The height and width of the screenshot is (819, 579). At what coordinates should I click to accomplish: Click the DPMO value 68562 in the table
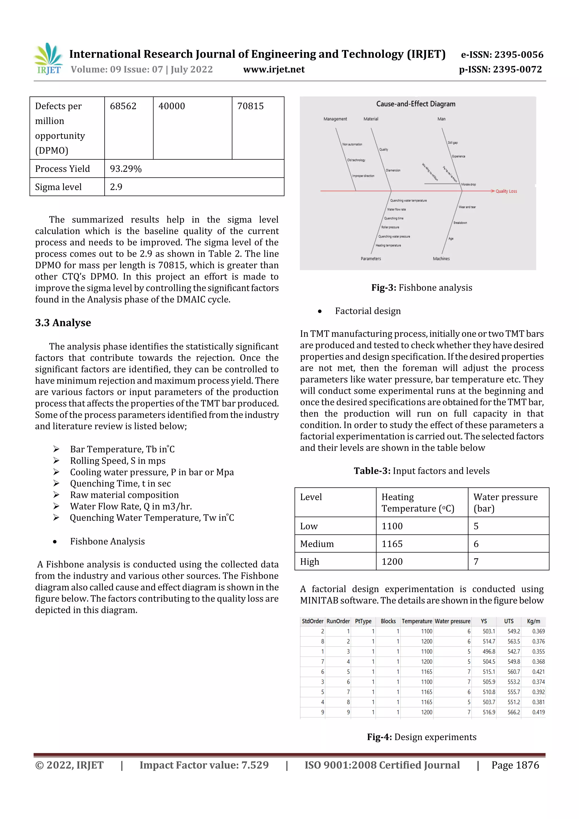point(123,106)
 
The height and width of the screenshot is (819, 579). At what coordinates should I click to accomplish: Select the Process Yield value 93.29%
point(126,169)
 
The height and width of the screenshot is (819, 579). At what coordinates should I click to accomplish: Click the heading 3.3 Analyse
point(63,323)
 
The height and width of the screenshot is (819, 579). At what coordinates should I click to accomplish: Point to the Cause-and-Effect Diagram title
point(416,104)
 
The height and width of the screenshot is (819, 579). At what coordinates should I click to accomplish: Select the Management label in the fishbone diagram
point(335,119)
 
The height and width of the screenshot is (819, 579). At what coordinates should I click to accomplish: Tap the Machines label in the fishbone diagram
point(441,259)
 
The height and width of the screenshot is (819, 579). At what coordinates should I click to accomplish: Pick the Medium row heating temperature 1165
point(392,544)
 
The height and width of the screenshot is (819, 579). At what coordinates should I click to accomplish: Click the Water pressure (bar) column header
point(505,502)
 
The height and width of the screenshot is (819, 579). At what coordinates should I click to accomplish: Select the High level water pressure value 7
point(476,562)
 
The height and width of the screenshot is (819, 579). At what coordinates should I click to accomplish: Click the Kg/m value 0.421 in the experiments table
point(538,672)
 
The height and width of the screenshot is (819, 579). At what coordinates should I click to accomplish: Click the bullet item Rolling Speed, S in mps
point(118,461)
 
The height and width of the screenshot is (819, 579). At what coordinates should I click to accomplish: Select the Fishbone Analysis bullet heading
point(107,541)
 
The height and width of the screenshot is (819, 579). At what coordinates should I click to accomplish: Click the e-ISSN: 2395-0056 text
point(502,55)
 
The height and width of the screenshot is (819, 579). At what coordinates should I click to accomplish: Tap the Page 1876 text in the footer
point(515,765)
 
